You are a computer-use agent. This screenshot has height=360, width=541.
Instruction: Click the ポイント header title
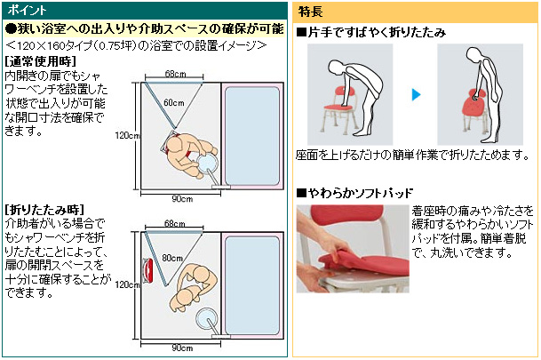tap(27, 10)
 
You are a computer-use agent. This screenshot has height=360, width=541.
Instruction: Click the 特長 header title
tap(310, 12)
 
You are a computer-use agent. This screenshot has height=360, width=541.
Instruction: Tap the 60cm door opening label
tap(174, 102)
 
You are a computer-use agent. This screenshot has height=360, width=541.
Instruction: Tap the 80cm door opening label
tap(172, 258)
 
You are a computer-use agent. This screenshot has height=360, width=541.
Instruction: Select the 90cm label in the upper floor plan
tap(182, 199)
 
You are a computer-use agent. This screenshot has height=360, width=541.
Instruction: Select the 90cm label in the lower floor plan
tap(182, 348)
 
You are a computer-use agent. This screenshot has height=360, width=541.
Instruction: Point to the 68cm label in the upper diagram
tap(175, 74)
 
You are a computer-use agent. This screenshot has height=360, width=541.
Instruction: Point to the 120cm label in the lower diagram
tap(127, 284)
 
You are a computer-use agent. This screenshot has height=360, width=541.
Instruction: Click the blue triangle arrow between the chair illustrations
tap(417, 94)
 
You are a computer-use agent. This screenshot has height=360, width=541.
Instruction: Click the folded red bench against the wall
tap(148, 271)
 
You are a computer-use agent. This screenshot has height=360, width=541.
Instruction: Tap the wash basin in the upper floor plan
tap(207, 164)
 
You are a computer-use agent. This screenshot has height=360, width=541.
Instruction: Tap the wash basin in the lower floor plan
tap(206, 318)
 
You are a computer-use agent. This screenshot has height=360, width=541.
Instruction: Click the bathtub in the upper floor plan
tap(252, 136)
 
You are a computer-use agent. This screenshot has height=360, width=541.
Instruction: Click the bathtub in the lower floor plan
tap(252, 285)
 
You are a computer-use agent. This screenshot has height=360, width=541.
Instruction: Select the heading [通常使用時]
tap(40, 61)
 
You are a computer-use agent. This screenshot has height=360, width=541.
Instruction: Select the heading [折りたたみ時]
tap(44, 210)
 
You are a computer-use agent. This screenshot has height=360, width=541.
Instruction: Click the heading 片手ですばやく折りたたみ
tap(371, 32)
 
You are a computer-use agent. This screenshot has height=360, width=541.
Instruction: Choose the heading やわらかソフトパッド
tap(354, 193)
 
